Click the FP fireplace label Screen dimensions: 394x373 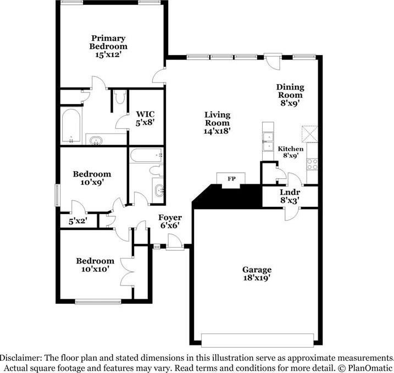pyautogui.click(x=231, y=179)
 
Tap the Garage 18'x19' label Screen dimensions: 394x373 pyautogui.click(x=257, y=273)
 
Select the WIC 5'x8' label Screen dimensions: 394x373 pyautogui.click(x=145, y=118)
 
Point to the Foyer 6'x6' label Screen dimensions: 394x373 pyautogui.click(x=170, y=221)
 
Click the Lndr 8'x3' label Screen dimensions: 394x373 pyautogui.click(x=290, y=196)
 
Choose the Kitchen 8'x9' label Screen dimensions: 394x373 pyautogui.click(x=291, y=152)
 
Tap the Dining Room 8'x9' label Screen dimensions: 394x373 pyautogui.click(x=290, y=95)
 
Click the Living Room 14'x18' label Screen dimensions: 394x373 pyautogui.click(x=217, y=123)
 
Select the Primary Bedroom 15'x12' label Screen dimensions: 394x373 pyautogui.click(x=108, y=46)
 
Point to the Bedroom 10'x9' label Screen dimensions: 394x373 pyautogui.click(x=92, y=178)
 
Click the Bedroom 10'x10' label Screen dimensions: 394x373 pyautogui.click(x=95, y=265)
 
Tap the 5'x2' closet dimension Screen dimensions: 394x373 pyautogui.click(x=78, y=221)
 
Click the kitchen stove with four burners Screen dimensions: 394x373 pyautogui.click(x=312, y=164)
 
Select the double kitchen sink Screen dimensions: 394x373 pyautogui.click(x=268, y=141)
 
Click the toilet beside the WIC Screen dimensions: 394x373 pyautogui.click(x=120, y=97)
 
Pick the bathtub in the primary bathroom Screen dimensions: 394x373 pyautogui.click(x=71, y=125)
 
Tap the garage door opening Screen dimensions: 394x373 pyautogui.click(x=257, y=341)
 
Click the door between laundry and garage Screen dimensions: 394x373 pyautogui.click(x=292, y=214)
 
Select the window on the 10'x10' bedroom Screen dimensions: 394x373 pyautogui.click(x=98, y=301)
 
